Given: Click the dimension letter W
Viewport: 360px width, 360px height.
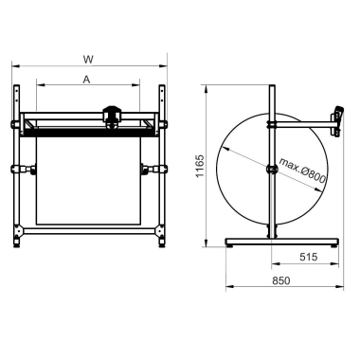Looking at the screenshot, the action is tap(88, 59).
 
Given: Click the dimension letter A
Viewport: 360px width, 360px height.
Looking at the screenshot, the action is tap(86, 80).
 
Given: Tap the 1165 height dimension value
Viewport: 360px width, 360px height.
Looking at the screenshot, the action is tap(200, 166).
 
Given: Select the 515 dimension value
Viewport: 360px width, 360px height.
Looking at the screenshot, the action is tap(308, 257).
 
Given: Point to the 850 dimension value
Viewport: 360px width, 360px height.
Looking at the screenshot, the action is tap(280, 280).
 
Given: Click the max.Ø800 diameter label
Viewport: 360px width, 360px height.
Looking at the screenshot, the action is tap(302, 171).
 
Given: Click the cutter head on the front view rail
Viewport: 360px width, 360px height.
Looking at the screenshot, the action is tap(112, 117).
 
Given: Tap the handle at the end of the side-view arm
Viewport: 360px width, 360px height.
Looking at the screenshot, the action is tap(338, 121).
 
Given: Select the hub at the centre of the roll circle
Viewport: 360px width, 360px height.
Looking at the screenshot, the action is tap(272, 170).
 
